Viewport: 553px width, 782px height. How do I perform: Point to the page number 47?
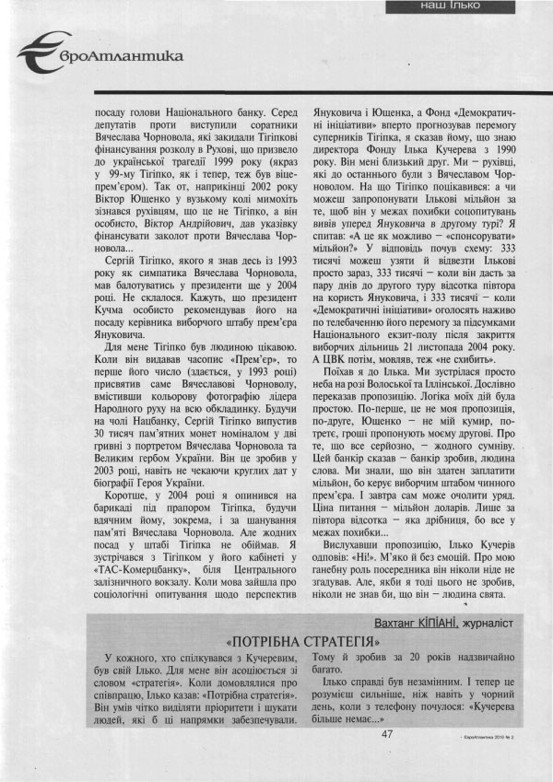point(387,733)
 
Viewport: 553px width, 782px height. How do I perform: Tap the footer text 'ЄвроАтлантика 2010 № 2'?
point(500,738)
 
